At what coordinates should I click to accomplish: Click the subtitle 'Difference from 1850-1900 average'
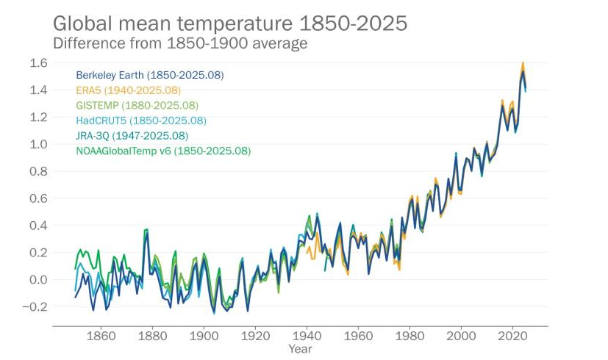[179, 43]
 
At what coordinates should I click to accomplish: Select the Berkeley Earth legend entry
[150, 75]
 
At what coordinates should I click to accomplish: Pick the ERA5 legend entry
[128, 90]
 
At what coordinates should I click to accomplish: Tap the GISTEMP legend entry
[137, 106]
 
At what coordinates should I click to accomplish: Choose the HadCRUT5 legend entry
[141, 120]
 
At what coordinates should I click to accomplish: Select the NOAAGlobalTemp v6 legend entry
[163, 151]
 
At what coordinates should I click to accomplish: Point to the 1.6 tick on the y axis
[39, 63]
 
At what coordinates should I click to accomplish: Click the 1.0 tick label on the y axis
[39, 144]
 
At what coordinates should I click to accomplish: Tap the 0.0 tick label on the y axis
[39, 280]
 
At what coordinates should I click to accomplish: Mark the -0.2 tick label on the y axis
[37, 307]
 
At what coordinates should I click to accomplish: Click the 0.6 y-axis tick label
[39, 198]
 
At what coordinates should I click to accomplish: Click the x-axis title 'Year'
[300, 349]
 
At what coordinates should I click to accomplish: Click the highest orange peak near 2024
[523, 63]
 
